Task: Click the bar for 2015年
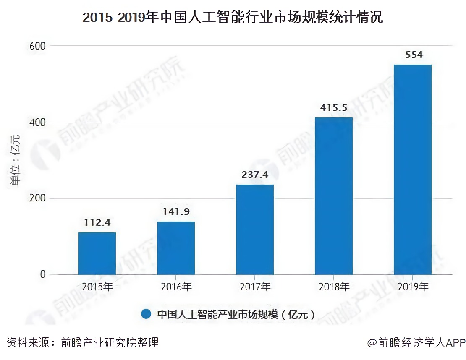point(97,253)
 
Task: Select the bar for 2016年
point(176,248)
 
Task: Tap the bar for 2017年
point(255,230)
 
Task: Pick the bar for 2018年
point(334,196)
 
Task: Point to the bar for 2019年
point(413,170)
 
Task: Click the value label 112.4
point(97,222)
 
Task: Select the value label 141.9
point(176,211)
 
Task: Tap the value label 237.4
point(255,175)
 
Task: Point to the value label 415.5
point(334,107)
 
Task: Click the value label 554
point(413,55)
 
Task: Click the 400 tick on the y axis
point(37,123)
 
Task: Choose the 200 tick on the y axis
point(37,198)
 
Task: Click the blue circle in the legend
point(146,314)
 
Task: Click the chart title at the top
point(233,18)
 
